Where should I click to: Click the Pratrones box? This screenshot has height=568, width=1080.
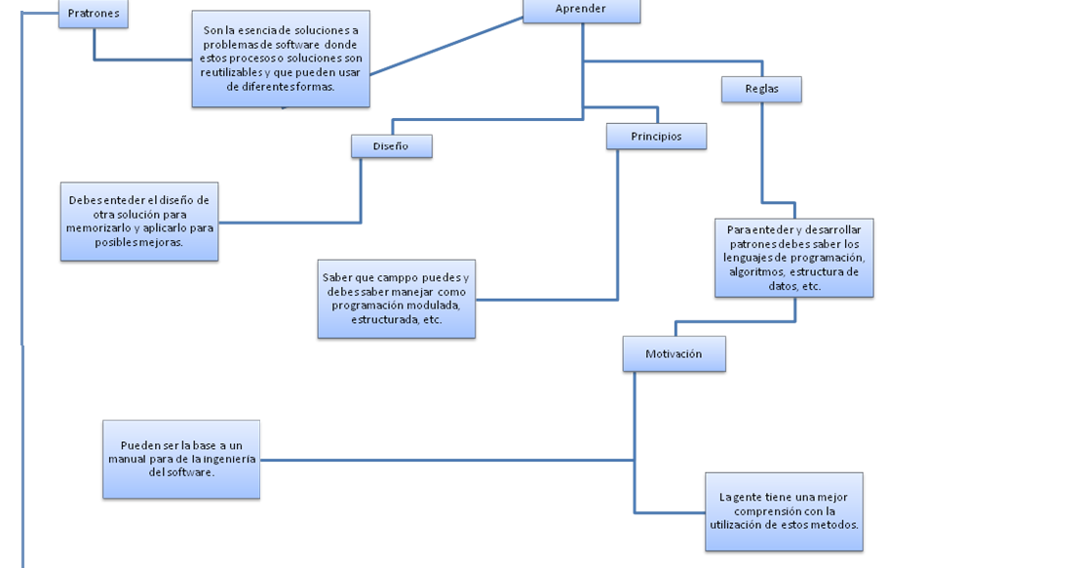[94, 14]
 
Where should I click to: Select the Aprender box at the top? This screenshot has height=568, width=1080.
[581, 10]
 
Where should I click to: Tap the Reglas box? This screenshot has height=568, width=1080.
[761, 89]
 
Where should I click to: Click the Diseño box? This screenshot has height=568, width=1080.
[391, 146]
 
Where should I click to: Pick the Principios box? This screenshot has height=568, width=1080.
[656, 137]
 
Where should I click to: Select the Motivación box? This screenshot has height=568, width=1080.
[674, 354]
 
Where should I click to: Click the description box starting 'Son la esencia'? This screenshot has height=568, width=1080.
[281, 59]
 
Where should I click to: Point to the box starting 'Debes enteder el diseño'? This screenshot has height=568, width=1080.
[138, 222]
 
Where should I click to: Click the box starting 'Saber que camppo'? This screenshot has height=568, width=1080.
[396, 299]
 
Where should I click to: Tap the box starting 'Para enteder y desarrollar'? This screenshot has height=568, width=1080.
[793, 258]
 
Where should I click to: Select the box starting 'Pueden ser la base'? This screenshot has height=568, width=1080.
[181, 459]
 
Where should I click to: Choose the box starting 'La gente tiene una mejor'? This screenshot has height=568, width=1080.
[784, 511]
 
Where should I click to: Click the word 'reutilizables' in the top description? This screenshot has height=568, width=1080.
[231, 72]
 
